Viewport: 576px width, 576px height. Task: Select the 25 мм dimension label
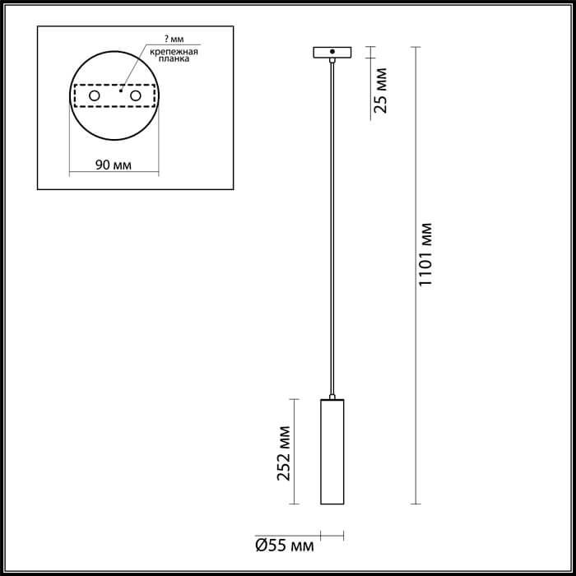tap(380, 92)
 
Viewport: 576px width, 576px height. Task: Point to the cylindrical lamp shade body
tap(332, 453)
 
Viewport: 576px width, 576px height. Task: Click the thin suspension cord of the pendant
tap(332, 230)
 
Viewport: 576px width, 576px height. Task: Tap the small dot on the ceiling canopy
tap(332, 51)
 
